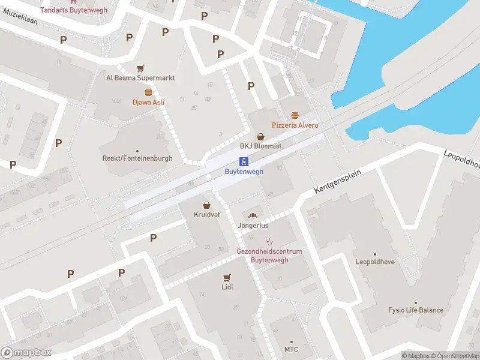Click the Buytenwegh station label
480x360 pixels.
point(244,172)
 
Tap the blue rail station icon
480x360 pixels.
point(244,161)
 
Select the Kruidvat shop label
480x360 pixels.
point(206,214)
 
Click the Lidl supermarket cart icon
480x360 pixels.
point(227,277)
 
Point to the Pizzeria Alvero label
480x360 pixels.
point(295,125)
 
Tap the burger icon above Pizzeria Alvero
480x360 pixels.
point(295,115)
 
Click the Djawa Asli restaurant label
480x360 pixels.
point(148,103)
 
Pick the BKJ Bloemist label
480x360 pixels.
point(260,146)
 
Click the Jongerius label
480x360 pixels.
point(253,226)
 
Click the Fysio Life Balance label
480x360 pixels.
point(415,310)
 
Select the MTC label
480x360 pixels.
point(291,349)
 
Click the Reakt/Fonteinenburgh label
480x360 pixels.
point(137,158)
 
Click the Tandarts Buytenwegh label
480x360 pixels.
point(74,10)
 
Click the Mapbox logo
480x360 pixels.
point(26,353)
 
